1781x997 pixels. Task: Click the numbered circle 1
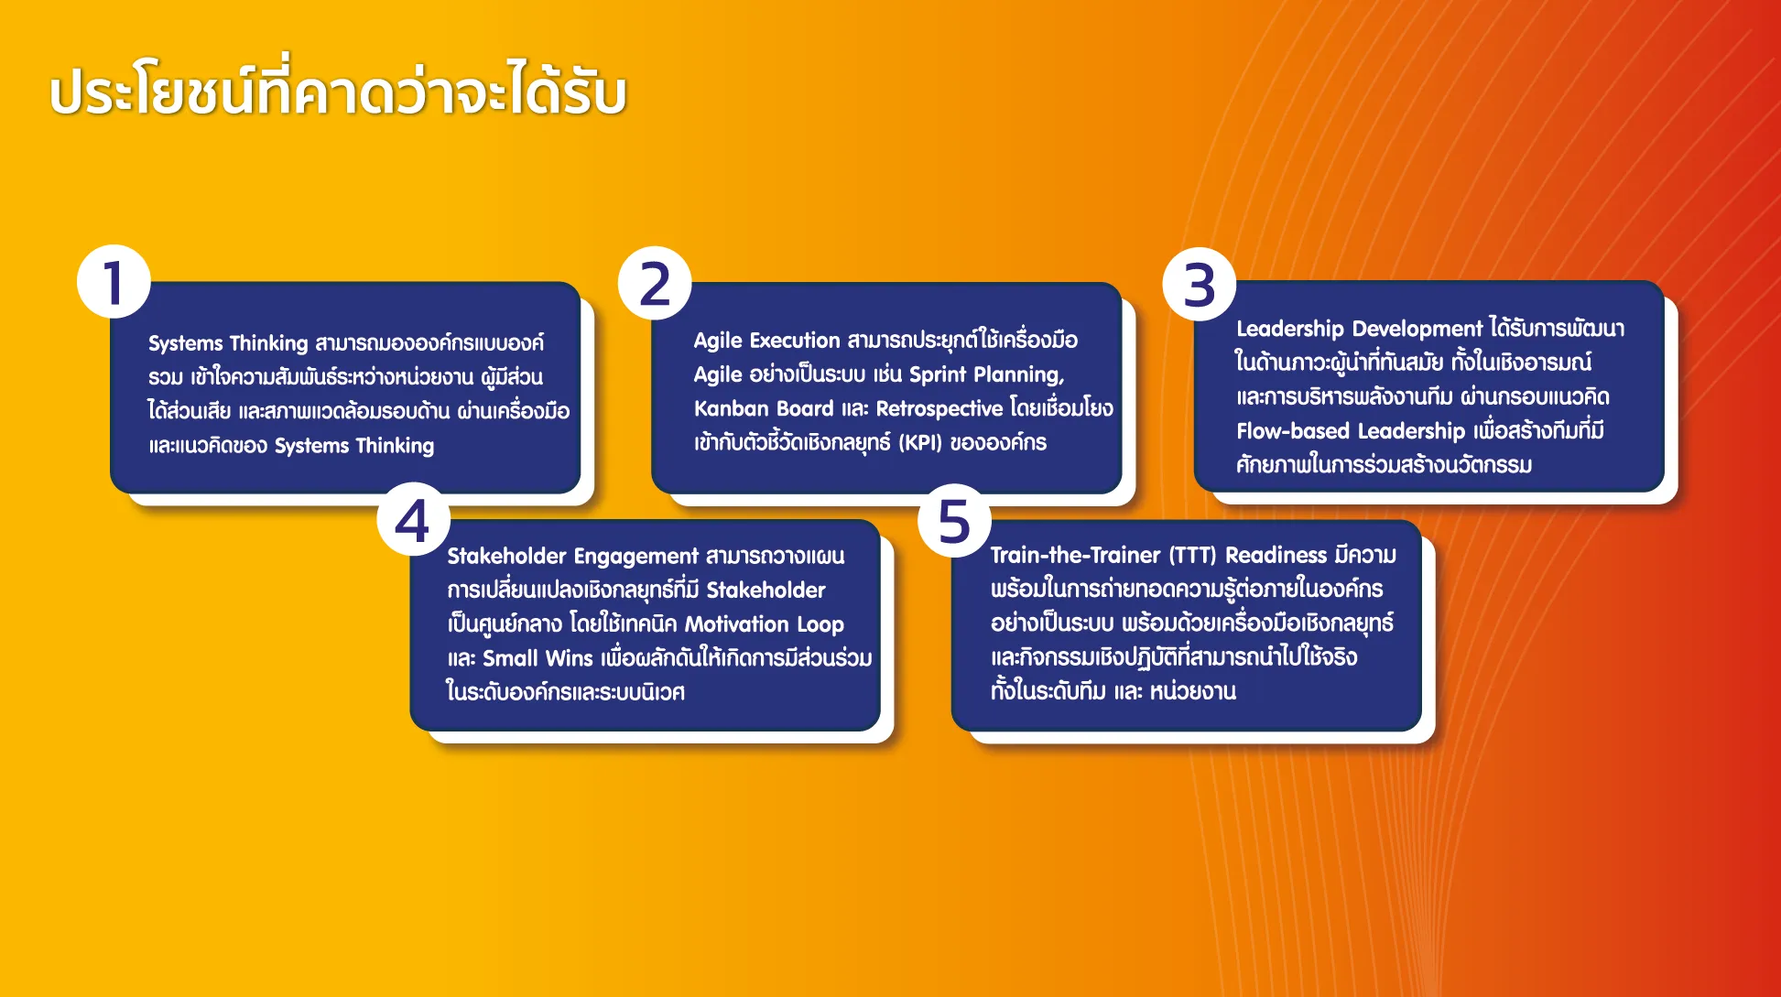(x=114, y=282)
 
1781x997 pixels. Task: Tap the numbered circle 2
(x=655, y=283)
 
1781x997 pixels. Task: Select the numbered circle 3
(x=1200, y=284)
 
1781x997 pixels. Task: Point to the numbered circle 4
(x=413, y=519)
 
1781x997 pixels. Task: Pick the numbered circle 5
(x=955, y=520)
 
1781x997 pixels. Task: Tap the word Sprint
(x=938, y=375)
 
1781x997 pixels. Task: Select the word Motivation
(x=737, y=624)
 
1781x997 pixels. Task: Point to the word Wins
(x=570, y=658)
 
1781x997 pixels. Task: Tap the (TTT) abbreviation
(x=1193, y=556)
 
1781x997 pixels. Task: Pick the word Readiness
(x=1276, y=555)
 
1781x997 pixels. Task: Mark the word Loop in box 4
(x=820, y=625)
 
